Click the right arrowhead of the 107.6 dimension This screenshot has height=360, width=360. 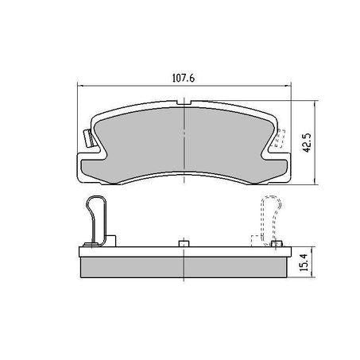pos(288,87)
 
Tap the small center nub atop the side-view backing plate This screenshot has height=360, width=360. pos(184,243)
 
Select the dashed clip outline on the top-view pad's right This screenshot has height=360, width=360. pos(279,141)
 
